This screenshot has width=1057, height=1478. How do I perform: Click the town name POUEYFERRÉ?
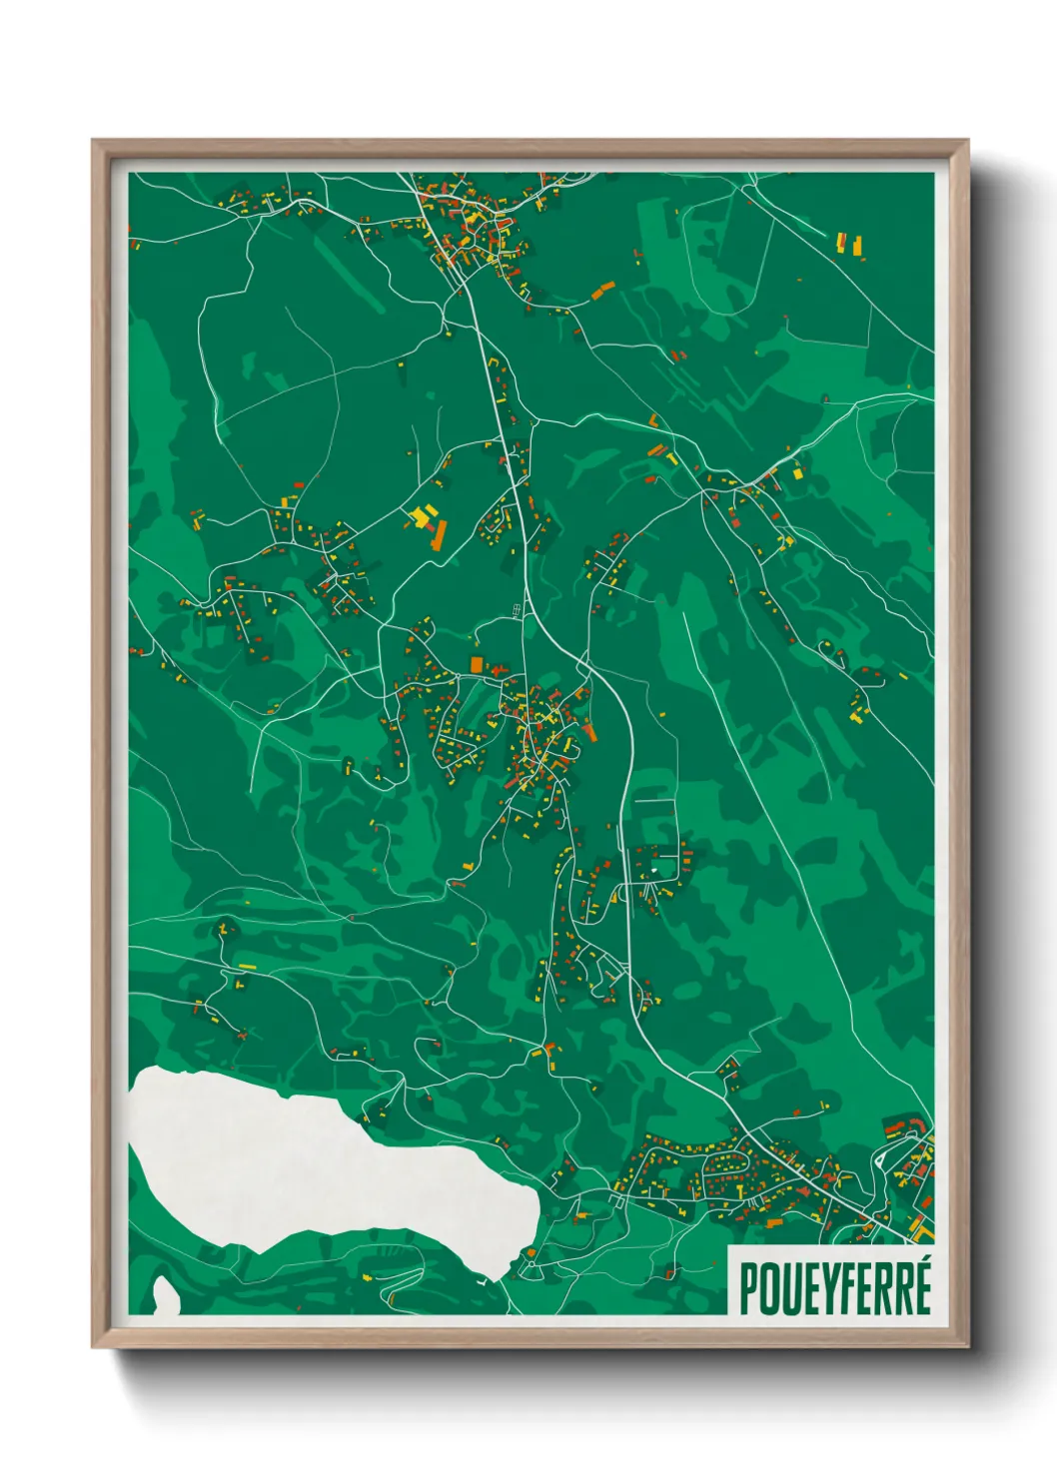834,1288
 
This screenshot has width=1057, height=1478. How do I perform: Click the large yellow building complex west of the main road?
422,515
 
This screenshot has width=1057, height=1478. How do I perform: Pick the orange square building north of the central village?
477,664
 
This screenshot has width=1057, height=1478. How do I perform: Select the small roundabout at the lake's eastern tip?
528,1265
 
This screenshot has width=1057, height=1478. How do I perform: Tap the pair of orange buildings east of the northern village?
602,291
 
